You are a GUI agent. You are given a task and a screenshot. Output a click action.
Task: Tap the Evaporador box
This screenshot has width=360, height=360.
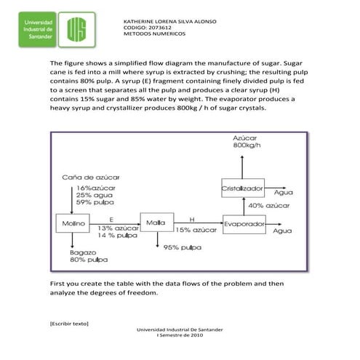(x=243, y=224)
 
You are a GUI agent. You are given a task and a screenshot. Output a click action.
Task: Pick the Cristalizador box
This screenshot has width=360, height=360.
(x=243, y=188)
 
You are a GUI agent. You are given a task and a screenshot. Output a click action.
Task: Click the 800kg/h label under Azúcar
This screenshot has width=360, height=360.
(x=247, y=145)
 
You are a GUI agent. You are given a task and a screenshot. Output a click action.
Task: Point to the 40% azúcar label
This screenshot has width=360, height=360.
(x=265, y=206)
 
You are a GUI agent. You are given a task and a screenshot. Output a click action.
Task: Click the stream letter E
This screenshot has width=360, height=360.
(x=111, y=217)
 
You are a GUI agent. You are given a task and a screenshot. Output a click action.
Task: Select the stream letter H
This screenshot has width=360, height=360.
(x=192, y=217)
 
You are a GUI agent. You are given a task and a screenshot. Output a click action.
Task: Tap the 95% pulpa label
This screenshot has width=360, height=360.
(x=183, y=248)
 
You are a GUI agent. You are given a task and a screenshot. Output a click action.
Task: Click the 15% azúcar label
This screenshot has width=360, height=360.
(x=196, y=230)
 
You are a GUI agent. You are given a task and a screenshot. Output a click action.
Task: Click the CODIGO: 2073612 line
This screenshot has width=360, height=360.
(x=148, y=28)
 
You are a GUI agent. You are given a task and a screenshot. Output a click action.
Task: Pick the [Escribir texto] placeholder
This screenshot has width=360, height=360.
(x=68, y=322)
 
